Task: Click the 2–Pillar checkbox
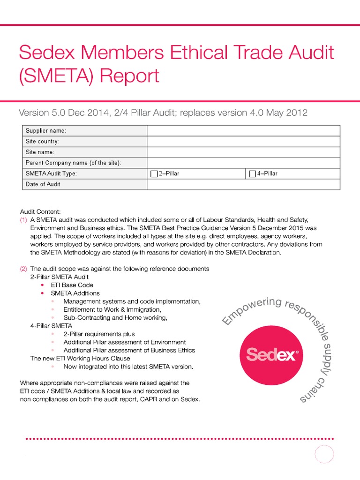(x=154, y=174)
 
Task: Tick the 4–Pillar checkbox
(x=252, y=174)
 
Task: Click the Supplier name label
(x=45, y=130)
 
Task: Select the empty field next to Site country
(x=244, y=141)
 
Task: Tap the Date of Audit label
(x=43, y=184)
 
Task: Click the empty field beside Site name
(x=244, y=152)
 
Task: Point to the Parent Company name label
(x=73, y=163)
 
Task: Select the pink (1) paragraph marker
(x=23, y=219)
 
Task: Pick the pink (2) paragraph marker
(x=23, y=269)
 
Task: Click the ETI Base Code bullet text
(x=72, y=285)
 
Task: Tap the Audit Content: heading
(x=41, y=211)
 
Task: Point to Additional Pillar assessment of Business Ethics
(x=129, y=350)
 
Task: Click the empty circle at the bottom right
(x=324, y=455)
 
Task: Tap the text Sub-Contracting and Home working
(x=115, y=318)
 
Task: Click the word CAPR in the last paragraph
(x=145, y=399)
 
